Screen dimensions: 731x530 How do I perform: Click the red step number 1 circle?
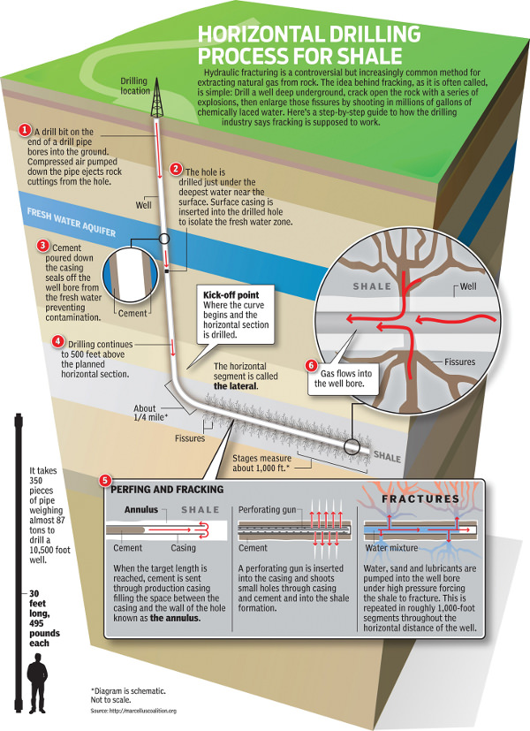click(x=25, y=130)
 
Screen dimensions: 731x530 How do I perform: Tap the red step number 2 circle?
click(x=176, y=168)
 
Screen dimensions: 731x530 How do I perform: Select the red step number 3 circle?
click(x=42, y=245)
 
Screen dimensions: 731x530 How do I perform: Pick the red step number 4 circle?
click(x=57, y=340)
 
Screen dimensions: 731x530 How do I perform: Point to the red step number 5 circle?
click(x=106, y=481)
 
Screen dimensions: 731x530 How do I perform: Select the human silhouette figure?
click(x=37, y=684)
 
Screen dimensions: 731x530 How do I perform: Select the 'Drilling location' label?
click(x=135, y=86)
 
